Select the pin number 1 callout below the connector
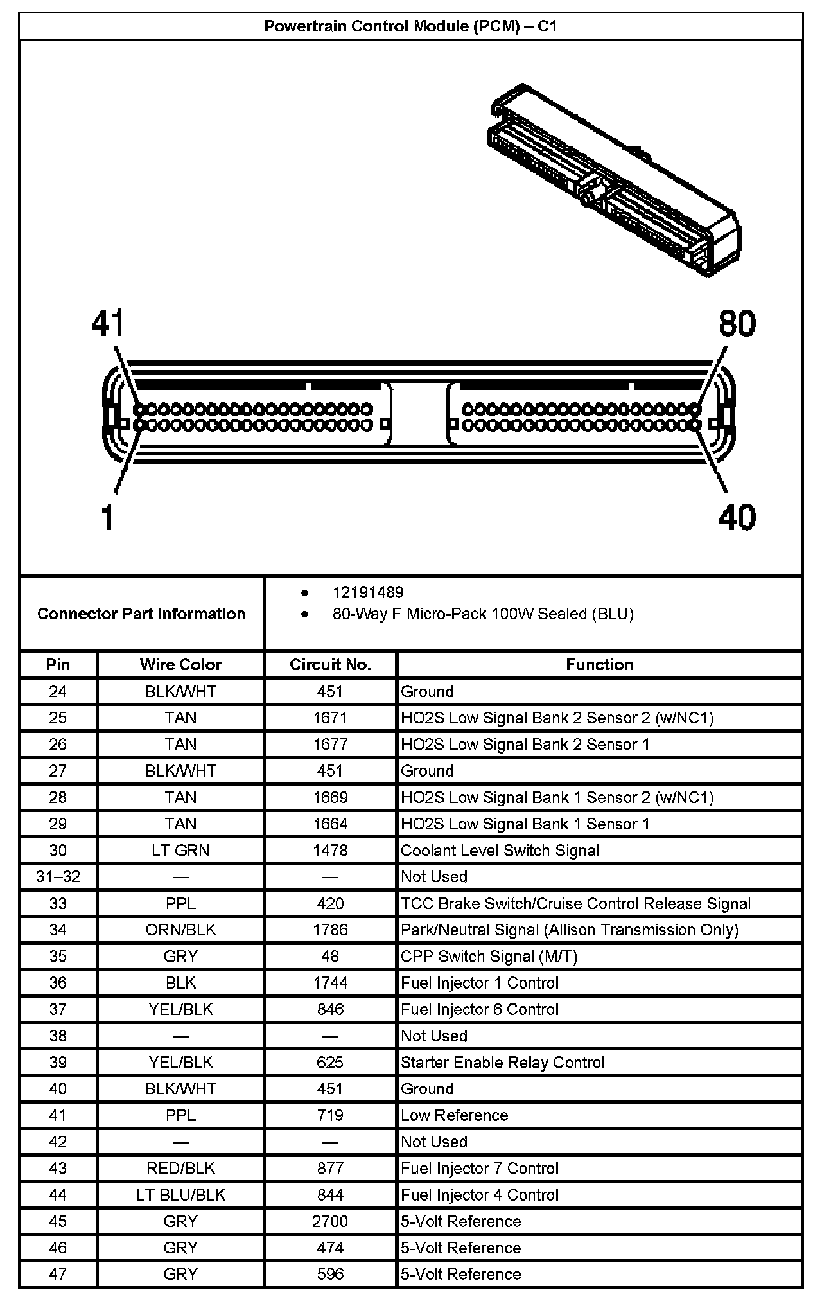108,517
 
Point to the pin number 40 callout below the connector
737,517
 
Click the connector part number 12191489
367,592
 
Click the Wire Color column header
180,664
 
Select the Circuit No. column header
330,664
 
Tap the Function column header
599,664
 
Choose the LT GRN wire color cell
180,851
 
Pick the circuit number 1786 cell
330,930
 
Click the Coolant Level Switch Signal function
500,851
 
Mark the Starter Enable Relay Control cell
503,1063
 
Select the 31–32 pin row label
58,877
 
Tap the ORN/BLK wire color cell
180,930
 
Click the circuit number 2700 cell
330,1221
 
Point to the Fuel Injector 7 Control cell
480,1168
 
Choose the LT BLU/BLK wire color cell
180,1195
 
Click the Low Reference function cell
454,1115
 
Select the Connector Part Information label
141,614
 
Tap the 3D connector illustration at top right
613,180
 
